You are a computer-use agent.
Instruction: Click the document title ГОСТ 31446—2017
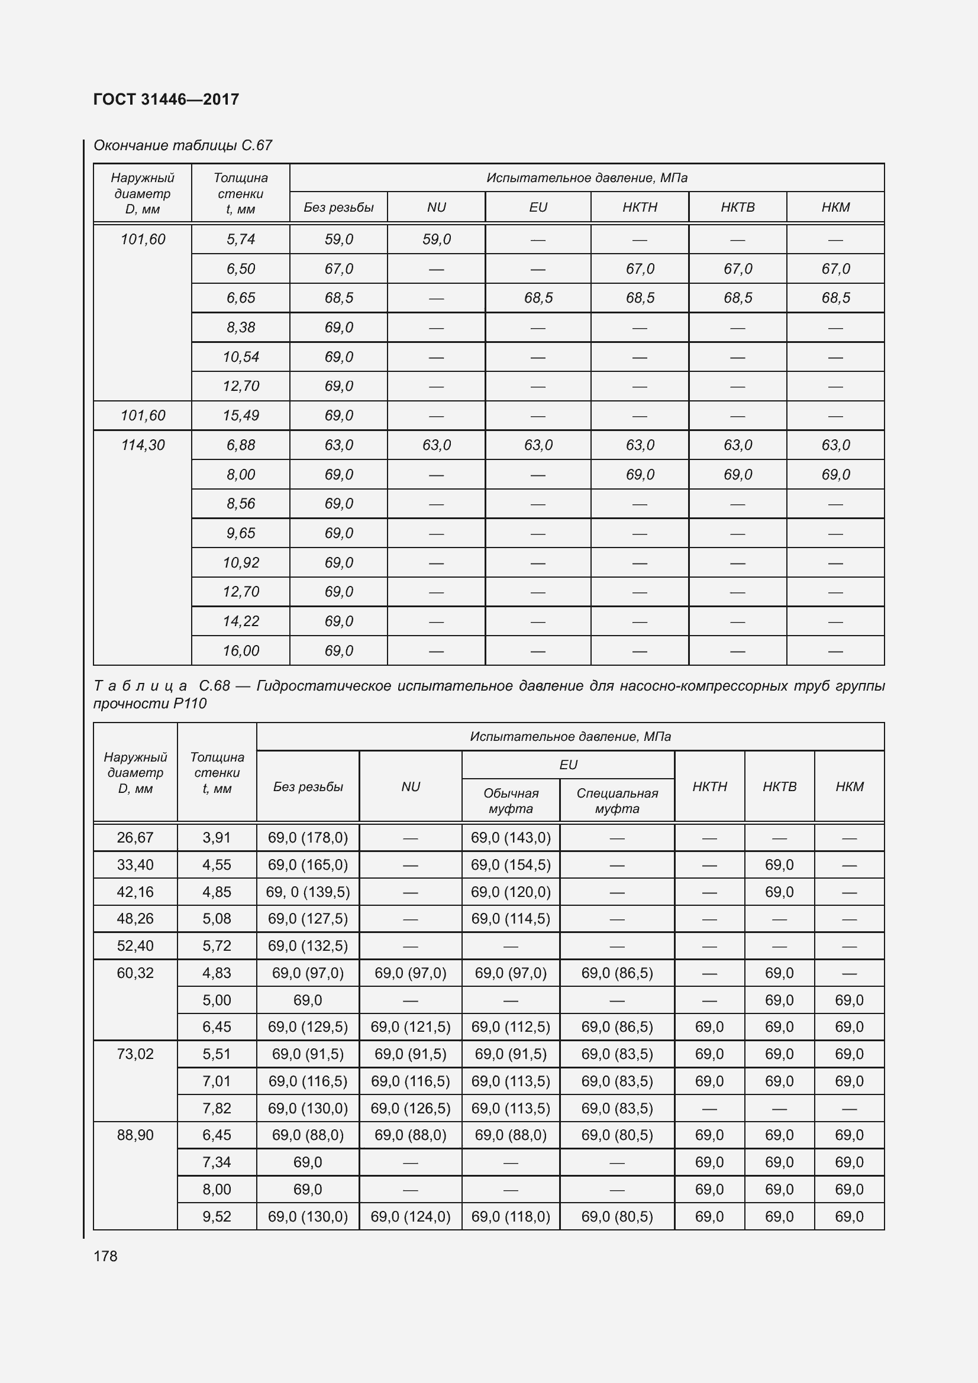[x=166, y=99]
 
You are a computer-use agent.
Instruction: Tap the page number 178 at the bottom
[x=105, y=1256]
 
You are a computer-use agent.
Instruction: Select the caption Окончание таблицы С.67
[x=183, y=145]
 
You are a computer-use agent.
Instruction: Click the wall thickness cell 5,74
[x=240, y=239]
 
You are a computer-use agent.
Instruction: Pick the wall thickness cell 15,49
[x=240, y=416]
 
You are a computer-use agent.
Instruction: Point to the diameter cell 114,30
[x=143, y=445]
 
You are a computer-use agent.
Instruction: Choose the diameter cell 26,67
[x=135, y=837]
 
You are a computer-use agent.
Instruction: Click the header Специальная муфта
[x=617, y=801]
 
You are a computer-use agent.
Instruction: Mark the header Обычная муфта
[x=511, y=801]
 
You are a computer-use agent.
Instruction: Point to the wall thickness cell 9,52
[x=217, y=1216]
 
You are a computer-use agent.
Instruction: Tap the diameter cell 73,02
[x=135, y=1054]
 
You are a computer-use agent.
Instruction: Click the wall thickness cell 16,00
[x=240, y=650]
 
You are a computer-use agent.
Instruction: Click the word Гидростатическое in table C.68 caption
[x=324, y=685]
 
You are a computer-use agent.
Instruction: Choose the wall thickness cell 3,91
[x=217, y=837]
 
